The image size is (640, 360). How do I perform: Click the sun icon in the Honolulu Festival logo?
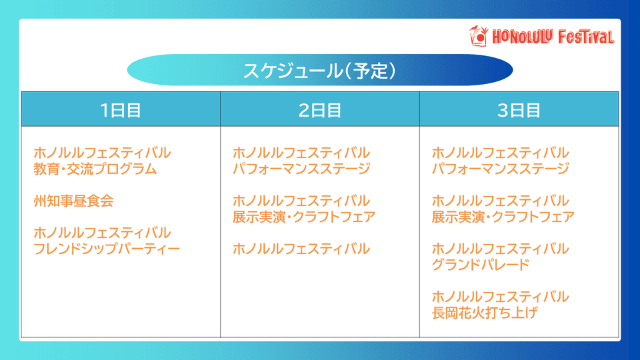479,36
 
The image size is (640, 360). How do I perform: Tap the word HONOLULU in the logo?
522,37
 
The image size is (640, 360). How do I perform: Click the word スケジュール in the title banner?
293,71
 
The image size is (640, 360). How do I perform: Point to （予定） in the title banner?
370,71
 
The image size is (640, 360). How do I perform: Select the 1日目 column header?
121,110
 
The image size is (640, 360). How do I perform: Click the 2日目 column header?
320,110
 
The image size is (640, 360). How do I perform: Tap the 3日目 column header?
519,110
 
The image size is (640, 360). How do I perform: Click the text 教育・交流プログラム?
95,169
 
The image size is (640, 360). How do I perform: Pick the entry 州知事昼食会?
73,201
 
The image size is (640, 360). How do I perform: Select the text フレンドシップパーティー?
107,249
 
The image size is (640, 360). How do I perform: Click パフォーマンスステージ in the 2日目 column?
301,169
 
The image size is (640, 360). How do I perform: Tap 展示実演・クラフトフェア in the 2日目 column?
304,217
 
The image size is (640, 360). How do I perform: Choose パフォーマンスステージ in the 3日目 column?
501,169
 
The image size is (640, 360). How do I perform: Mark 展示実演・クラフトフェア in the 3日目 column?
503,217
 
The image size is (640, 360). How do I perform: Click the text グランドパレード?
481,265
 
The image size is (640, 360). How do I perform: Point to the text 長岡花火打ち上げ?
485,313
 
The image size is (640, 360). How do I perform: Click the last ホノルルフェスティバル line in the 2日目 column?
301,249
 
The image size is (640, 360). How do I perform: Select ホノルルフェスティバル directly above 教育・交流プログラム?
102,153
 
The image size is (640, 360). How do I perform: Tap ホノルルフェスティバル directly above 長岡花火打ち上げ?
501,297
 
